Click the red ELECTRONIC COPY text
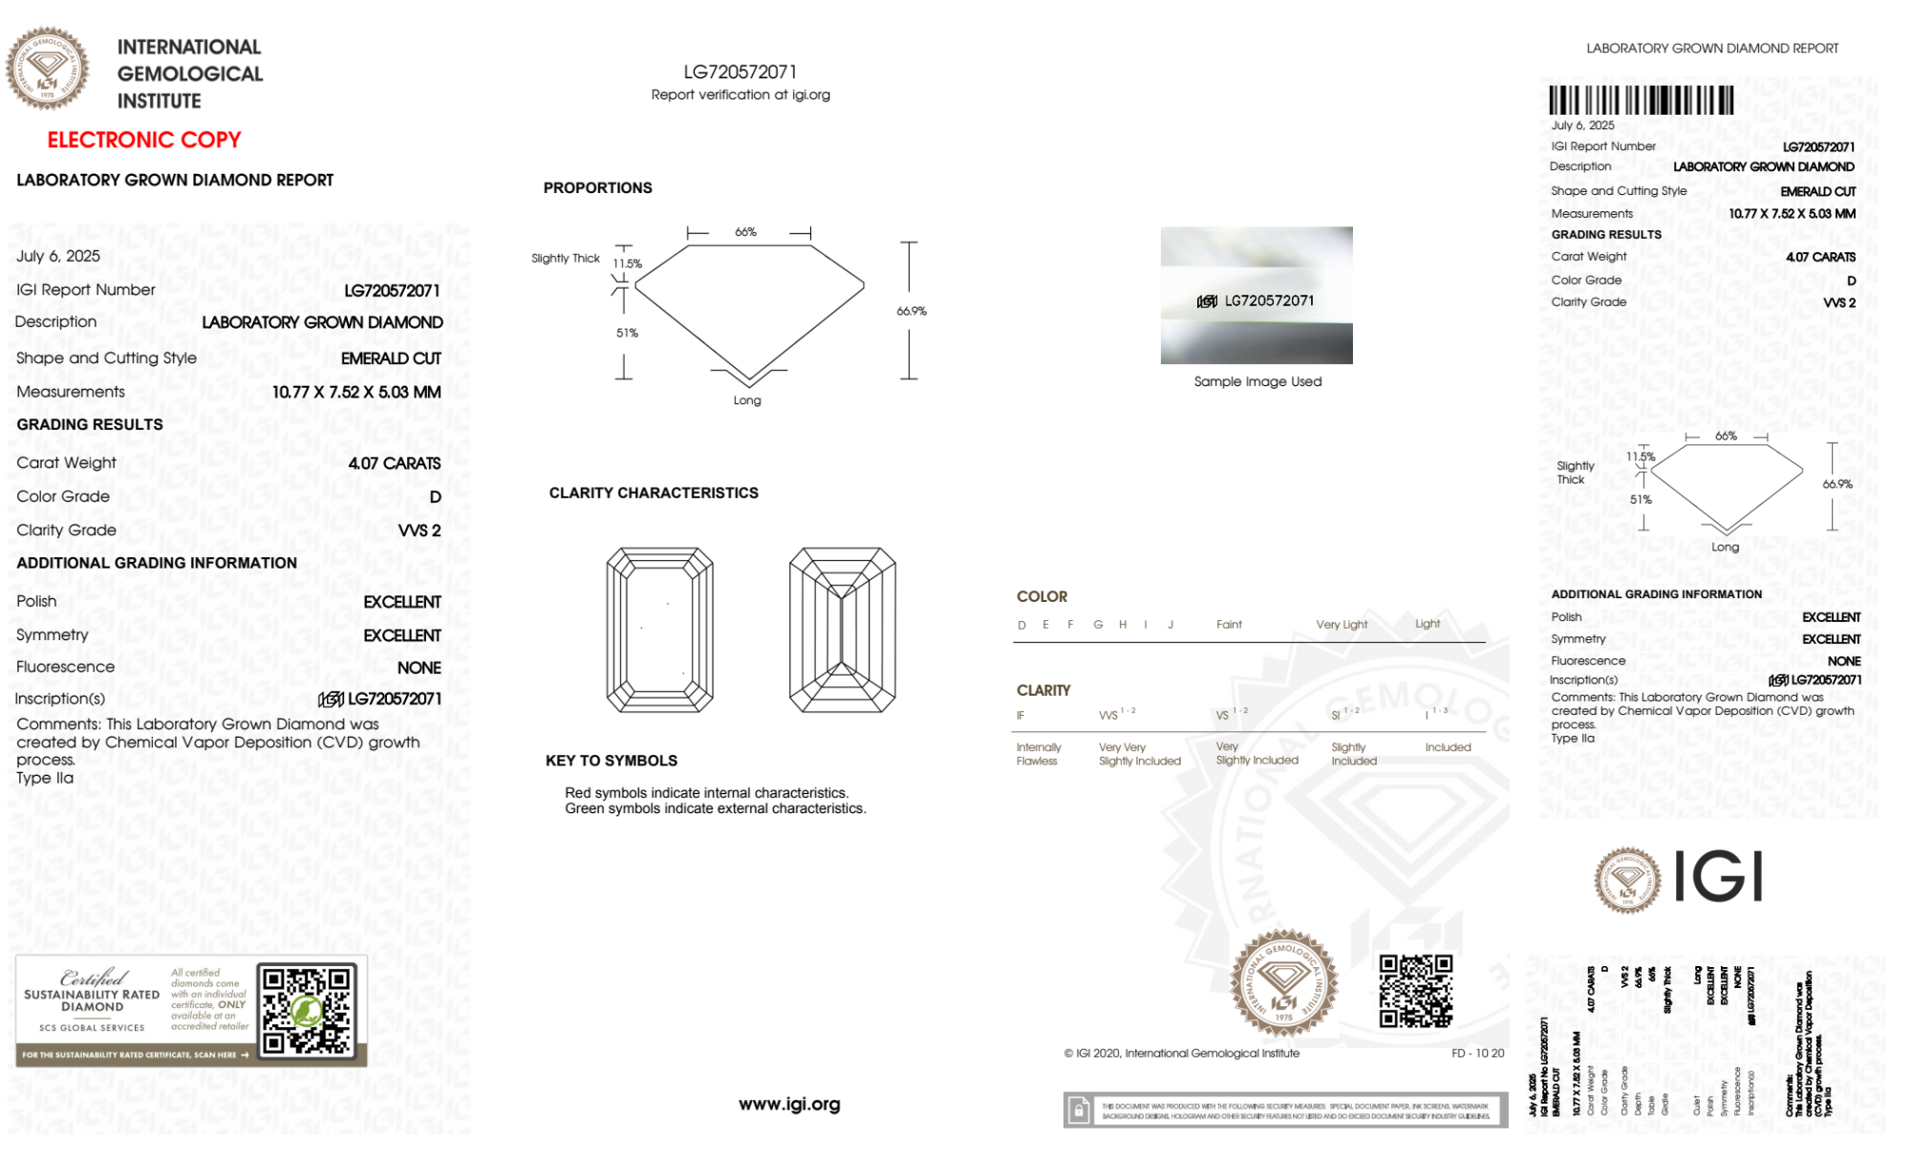(143, 140)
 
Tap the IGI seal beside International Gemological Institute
(47, 68)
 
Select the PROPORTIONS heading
(597, 188)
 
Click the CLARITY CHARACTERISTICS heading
(653, 493)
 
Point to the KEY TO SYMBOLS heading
(611, 761)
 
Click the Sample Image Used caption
(1257, 381)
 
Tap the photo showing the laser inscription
(1256, 295)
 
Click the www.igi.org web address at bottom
(789, 1104)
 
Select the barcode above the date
(1641, 100)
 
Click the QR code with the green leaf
(307, 1010)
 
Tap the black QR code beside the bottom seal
(1415, 991)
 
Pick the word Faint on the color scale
(1229, 625)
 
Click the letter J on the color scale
(1171, 625)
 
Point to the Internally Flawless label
(1038, 754)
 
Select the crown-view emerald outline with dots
(659, 630)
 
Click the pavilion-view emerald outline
(842, 630)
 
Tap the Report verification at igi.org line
(741, 95)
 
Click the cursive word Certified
(93, 978)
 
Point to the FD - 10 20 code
(1477, 1053)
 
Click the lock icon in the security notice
(1079, 1110)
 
